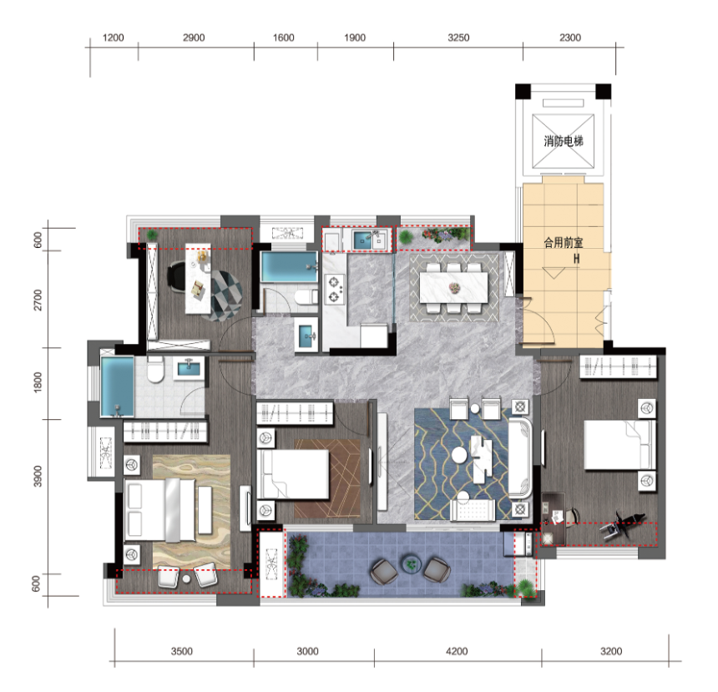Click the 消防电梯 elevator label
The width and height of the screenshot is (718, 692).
(x=564, y=141)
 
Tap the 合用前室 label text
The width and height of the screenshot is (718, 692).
(x=564, y=242)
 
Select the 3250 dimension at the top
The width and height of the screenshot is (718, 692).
(x=458, y=38)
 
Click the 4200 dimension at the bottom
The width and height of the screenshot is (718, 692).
(x=457, y=651)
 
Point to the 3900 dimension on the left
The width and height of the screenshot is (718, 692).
(x=38, y=477)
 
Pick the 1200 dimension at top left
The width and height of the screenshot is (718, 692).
(x=113, y=38)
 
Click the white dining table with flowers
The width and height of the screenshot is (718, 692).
(x=454, y=287)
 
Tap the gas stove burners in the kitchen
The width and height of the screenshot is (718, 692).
(x=334, y=289)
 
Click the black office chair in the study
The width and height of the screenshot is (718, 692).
(x=177, y=275)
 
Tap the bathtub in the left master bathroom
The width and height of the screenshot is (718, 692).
(x=117, y=386)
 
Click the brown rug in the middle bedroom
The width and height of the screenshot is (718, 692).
(x=327, y=478)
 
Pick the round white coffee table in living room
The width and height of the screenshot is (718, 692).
(x=459, y=455)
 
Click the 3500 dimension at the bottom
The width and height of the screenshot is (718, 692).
(x=182, y=651)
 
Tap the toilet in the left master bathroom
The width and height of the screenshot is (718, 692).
(x=155, y=371)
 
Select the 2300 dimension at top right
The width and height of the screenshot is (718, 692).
(x=570, y=38)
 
